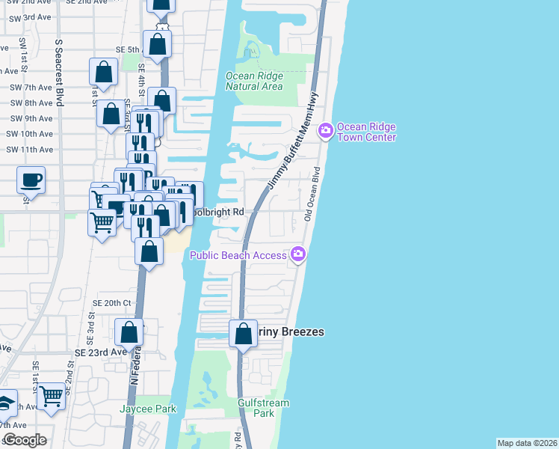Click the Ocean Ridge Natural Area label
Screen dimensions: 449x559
(x=254, y=81)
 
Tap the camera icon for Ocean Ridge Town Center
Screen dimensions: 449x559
(x=325, y=131)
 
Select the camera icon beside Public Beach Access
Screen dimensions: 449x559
(x=298, y=255)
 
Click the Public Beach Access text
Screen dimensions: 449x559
(x=238, y=256)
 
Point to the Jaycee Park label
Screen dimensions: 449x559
(x=148, y=409)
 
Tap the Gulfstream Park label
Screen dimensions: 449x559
(x=262, y=408)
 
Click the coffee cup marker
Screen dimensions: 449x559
(x=31, y=180)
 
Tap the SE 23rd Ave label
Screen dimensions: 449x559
(x=101, y=352)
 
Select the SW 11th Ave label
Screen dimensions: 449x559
(x=30, y=150)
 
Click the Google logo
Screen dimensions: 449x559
(x=24, y=440)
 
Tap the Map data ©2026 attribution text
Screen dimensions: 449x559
(x=527, y=443)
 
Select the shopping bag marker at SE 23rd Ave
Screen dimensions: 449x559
(x=129, y=332)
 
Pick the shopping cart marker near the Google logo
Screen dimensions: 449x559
(x=51, y=397)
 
